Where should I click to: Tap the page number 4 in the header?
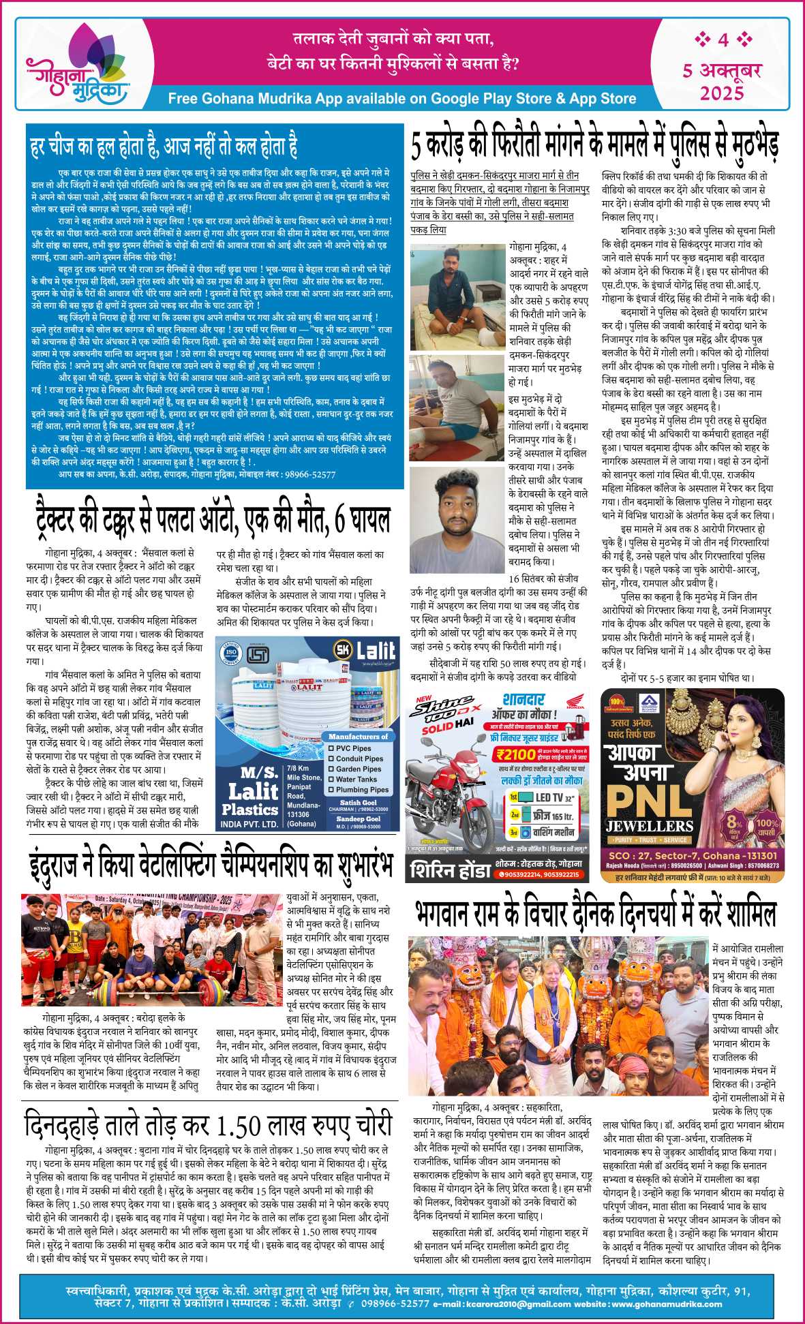[x=723, y=40]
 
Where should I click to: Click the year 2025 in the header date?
[x=722, y=92]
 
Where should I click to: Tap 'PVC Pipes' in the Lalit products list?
[x=353, y=748]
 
